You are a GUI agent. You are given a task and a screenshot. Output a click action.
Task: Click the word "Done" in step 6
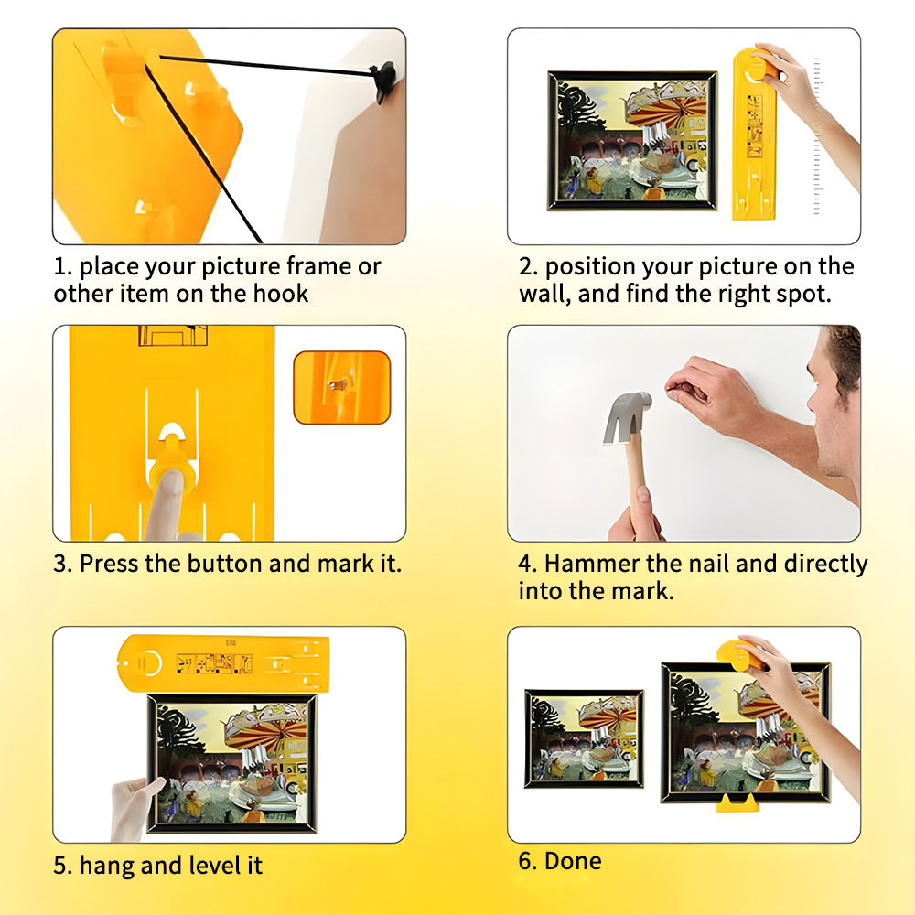point(573,861)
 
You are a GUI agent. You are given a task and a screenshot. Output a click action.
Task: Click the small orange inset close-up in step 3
point(342,387)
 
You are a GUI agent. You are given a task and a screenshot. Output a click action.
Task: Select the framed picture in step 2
point(632,140)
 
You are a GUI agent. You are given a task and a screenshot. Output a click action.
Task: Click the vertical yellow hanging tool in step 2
point(754,135)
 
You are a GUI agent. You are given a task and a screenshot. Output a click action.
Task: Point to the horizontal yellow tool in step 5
point(223,663)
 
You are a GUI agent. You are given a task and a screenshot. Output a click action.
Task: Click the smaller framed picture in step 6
point(584,738)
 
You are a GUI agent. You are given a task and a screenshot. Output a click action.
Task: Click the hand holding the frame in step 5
point(134,808)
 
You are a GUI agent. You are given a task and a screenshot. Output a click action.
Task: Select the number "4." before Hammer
point(528,564)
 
